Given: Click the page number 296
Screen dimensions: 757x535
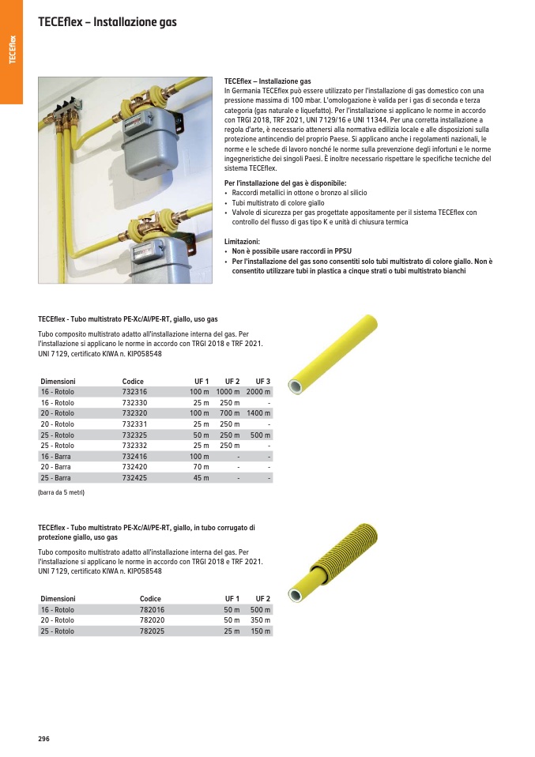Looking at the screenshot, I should click(x=43, y=738).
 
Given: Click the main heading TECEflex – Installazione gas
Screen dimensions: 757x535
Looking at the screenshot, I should click(x=107, y=22).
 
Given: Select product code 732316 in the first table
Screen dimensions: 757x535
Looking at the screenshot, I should click(x=134, y=392).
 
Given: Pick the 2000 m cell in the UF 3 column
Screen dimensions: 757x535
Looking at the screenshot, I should click(x=258, y=392).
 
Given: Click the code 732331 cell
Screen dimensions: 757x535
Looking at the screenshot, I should click(x=134, y=424).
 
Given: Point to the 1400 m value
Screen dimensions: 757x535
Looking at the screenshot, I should click(x=258, y=413).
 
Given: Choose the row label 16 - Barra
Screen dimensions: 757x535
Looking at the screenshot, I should click(x=57, y=457).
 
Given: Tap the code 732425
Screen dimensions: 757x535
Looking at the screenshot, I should click(x=134, y=478).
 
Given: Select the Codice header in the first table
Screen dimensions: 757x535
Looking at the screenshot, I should click(x=133, y=382).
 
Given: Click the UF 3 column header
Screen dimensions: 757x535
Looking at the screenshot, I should click(x=262, y=382).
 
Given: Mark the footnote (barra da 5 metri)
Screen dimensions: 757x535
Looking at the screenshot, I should click(x=61, y=493).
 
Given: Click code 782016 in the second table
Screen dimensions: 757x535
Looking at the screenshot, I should click(x=152, y=610).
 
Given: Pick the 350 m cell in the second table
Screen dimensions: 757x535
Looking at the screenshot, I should click(x=260, y=621).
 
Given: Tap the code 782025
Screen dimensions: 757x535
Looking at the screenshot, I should click(x=152, y=631).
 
